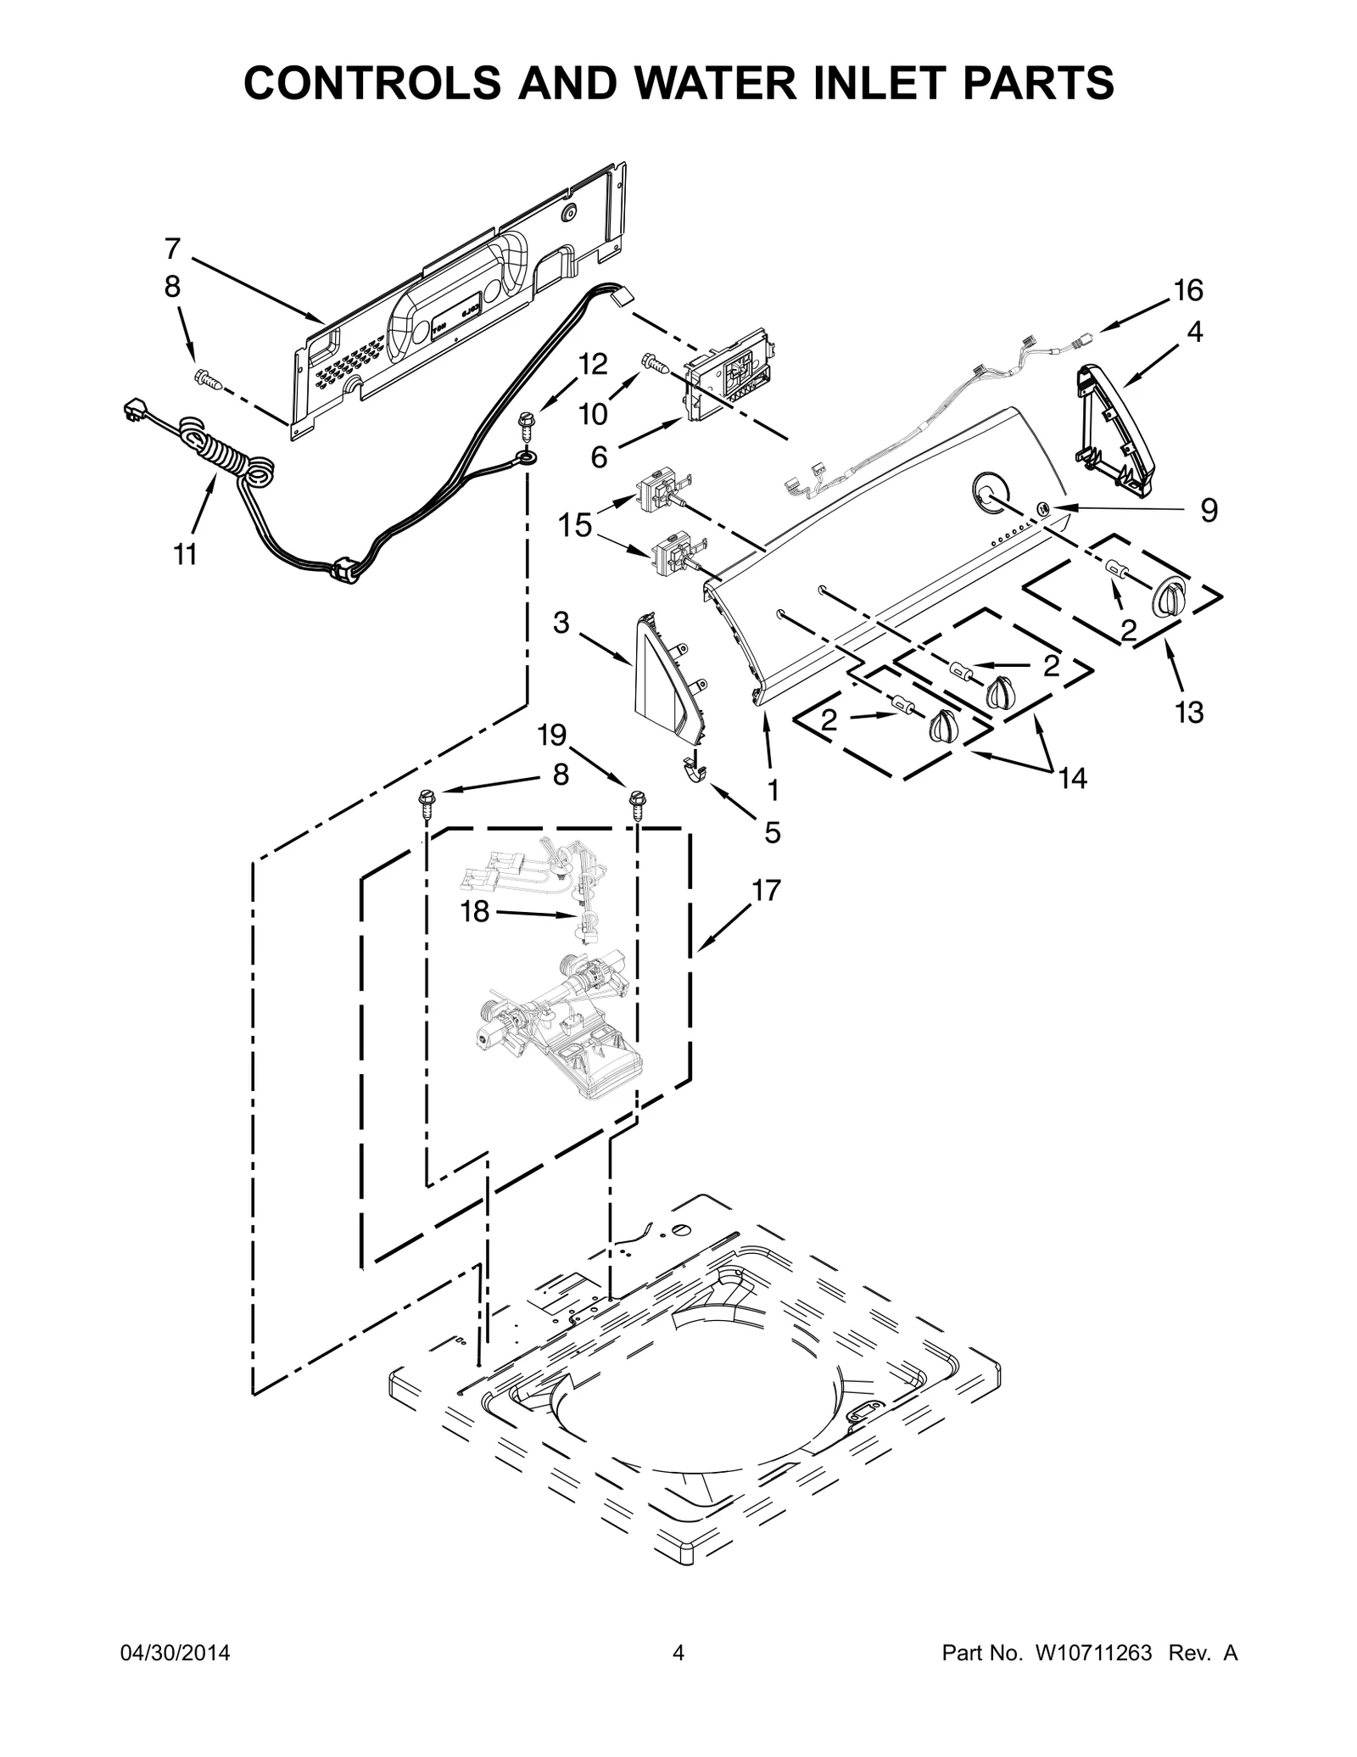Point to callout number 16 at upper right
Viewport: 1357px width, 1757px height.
click(x=1188, y=291)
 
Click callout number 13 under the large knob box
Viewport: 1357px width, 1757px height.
click(x=1189, y=713)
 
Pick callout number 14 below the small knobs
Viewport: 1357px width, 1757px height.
click(x=1073, y=777)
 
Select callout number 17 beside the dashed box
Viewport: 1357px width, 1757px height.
click(x=766, y=890)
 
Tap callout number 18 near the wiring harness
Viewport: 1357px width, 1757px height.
click(x=475, y=912)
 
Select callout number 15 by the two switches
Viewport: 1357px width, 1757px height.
click(x=574, y=525)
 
